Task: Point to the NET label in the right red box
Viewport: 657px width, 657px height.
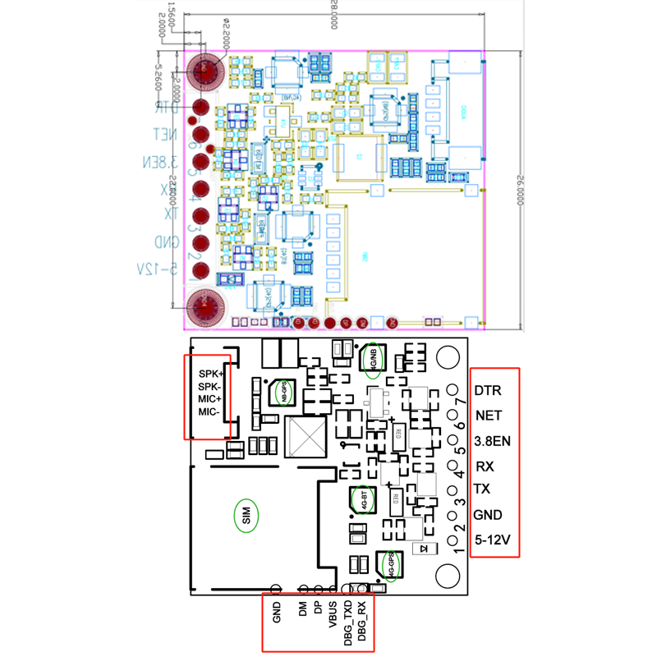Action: click(488, 416)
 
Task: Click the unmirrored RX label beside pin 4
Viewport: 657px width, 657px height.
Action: click(485, 466)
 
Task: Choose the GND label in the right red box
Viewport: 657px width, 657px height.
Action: click(489, 515)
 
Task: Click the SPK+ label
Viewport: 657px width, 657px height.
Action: click(210, 374)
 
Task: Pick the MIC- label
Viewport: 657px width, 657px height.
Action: click(209, 411)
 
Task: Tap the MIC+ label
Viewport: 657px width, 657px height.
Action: click(209, 399)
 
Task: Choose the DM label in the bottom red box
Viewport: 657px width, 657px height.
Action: click(303, 609)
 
